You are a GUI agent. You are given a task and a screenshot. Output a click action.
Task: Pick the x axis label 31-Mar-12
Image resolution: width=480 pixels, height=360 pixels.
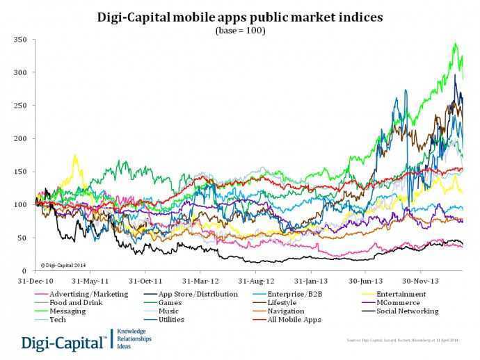(x=200, y=282)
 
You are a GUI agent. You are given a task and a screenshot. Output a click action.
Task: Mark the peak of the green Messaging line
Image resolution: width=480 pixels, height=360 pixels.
(x=455, y=44)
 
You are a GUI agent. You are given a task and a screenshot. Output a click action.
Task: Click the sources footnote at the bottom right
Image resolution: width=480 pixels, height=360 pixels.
(x=402, y=341)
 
